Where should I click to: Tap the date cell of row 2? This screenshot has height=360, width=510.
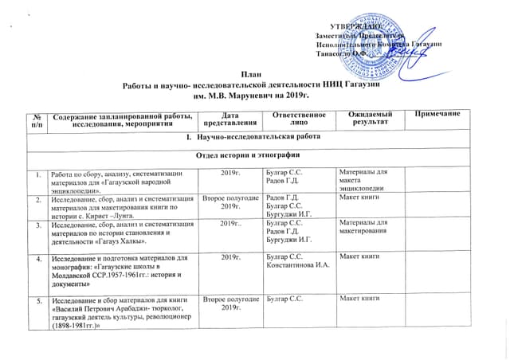click(230, 202)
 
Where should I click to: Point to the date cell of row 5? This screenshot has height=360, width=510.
click(230, 302)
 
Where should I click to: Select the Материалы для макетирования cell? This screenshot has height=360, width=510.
click(367, 227)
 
